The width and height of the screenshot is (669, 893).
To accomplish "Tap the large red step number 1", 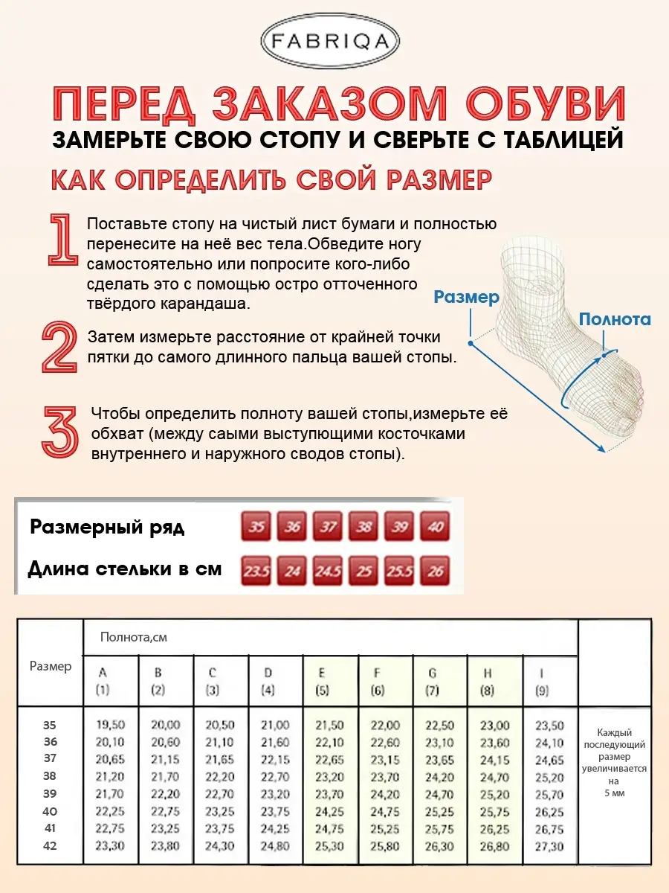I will (62, 240).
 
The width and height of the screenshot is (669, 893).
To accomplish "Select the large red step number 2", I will (59, 347).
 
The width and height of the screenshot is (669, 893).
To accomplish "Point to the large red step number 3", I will (59, 432).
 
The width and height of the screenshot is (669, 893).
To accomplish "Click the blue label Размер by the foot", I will (466, 297).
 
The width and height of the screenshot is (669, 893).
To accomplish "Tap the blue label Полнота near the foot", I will (615, 319).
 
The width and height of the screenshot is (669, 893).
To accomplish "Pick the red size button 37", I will (328, 527).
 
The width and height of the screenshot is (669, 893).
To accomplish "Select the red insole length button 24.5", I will (328, 572).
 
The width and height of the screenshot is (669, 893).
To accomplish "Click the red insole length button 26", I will (436, 572).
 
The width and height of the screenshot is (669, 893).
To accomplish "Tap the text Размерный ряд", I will (107, 528).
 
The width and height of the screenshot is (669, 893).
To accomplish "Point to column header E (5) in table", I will (322, 681).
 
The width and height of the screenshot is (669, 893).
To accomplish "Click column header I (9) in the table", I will (541, 681).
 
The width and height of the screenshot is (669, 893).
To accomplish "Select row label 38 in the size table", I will (50, 776).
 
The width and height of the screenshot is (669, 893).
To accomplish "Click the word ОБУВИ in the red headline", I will (546, 106).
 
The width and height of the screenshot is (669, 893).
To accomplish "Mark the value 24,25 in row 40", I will (329, 812).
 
